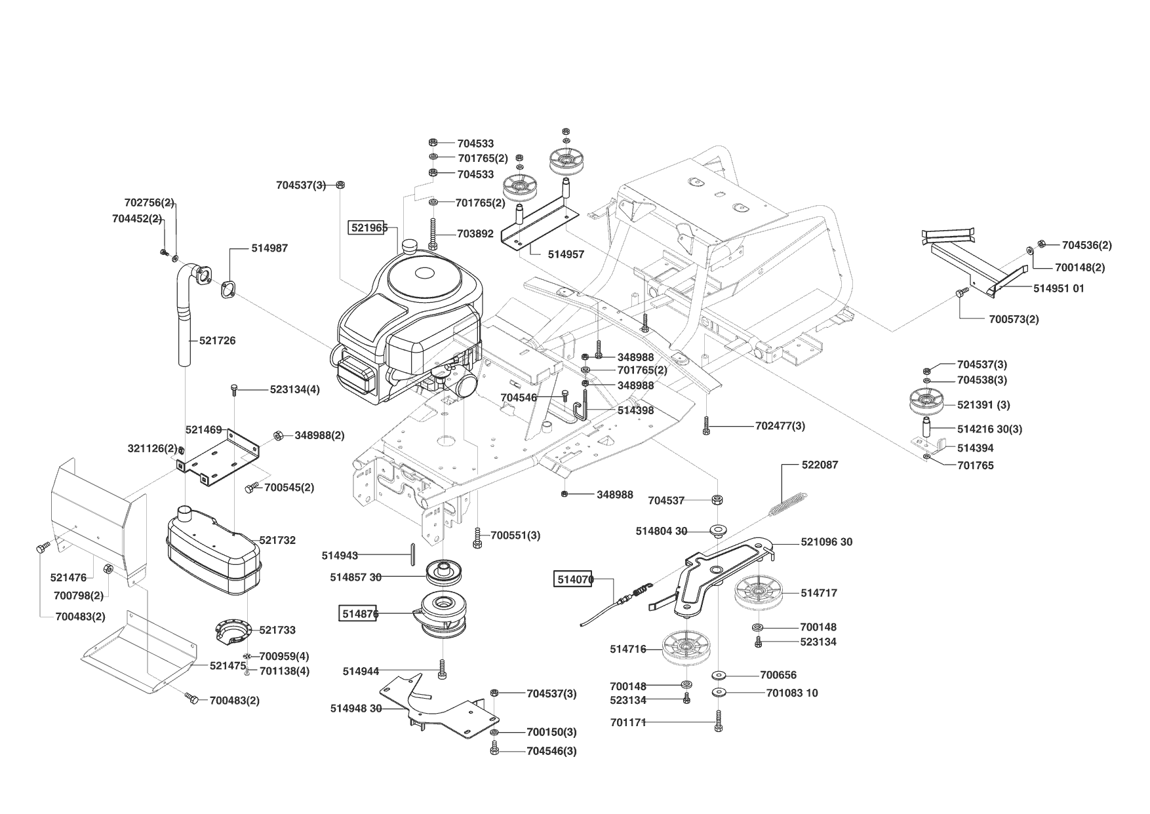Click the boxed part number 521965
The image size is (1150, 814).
(368, 227)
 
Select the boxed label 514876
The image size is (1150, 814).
(358, 614)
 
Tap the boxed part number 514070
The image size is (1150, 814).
(574, 579)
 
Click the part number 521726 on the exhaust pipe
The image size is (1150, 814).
(218, 341)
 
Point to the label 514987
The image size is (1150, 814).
(269, 248)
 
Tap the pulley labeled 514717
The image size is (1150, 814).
(759, 594)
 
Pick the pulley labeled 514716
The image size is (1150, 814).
(687, 649)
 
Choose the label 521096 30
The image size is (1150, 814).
(827, 542)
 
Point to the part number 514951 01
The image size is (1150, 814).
(1059, 288)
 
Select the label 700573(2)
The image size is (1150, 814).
(1014, 319)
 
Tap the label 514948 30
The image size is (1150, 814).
(356, 708)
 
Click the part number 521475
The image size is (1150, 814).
(228, 665)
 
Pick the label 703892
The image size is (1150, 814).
(475, 233)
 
